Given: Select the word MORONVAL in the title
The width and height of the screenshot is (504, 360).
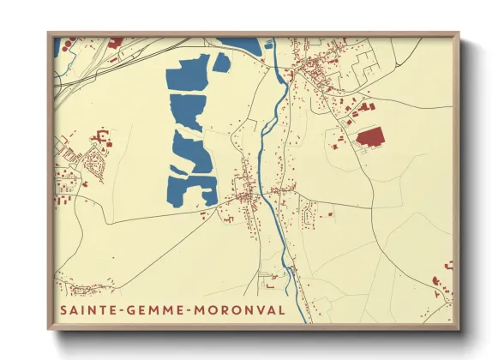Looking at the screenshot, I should tap(242, 309).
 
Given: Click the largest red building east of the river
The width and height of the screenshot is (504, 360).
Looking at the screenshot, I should tap(370, 137).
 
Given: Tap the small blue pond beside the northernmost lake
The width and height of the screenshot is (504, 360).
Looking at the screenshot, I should tap(221, 63).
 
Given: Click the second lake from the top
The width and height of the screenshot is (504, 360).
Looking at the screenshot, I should tap(187, 112).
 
